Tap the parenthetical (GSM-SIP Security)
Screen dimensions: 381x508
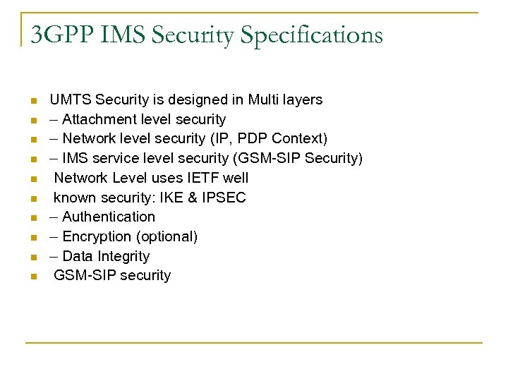pos(298,158)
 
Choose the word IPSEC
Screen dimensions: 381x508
pos(224,198)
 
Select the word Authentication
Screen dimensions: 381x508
pos(109,217)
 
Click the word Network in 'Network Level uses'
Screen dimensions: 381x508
pos(80,178)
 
